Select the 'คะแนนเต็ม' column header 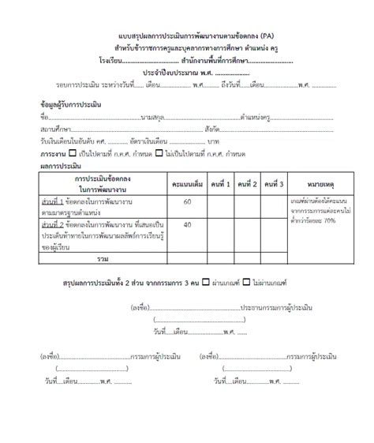[x=187, y=183]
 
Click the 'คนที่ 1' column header [x=222, y=183]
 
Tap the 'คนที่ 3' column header [x=275, y=183]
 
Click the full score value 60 [x=187, y=203]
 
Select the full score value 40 [x=187, y=224]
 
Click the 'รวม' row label [x=102, y=258]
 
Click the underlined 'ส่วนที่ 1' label [x=54, y=203]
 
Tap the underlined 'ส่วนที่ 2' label [x=54, y=225]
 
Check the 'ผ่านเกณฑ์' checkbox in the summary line [x=206, y=282]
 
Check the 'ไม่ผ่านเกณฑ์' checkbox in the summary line [x=246, y=282]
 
